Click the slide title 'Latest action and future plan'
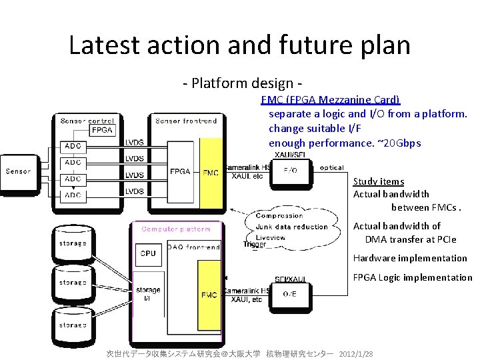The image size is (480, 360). click(239, 45)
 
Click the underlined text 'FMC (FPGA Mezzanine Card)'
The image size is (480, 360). click(331, 100)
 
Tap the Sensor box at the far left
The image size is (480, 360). click(18, 171)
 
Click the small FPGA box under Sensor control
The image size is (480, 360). click(101, 130)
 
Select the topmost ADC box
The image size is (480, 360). click(73, 146)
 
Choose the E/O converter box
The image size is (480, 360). click(291, 170)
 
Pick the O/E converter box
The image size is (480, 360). click(291, 293)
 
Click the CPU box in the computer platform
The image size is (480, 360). click(148, 253)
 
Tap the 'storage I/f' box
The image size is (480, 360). click(147, 293)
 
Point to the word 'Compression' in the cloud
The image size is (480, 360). click(279, 216)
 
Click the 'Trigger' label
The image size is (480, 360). click(255, 245)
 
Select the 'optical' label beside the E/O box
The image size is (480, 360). click(331, 168)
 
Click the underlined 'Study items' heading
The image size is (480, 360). click(379, 181)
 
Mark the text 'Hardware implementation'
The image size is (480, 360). click(410, 258)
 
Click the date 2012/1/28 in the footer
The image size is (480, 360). click(356, 353)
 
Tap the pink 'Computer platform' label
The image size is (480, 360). click(175, 229)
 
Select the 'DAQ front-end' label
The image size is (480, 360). click(193, 247)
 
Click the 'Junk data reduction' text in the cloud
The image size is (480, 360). click(292, 227)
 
